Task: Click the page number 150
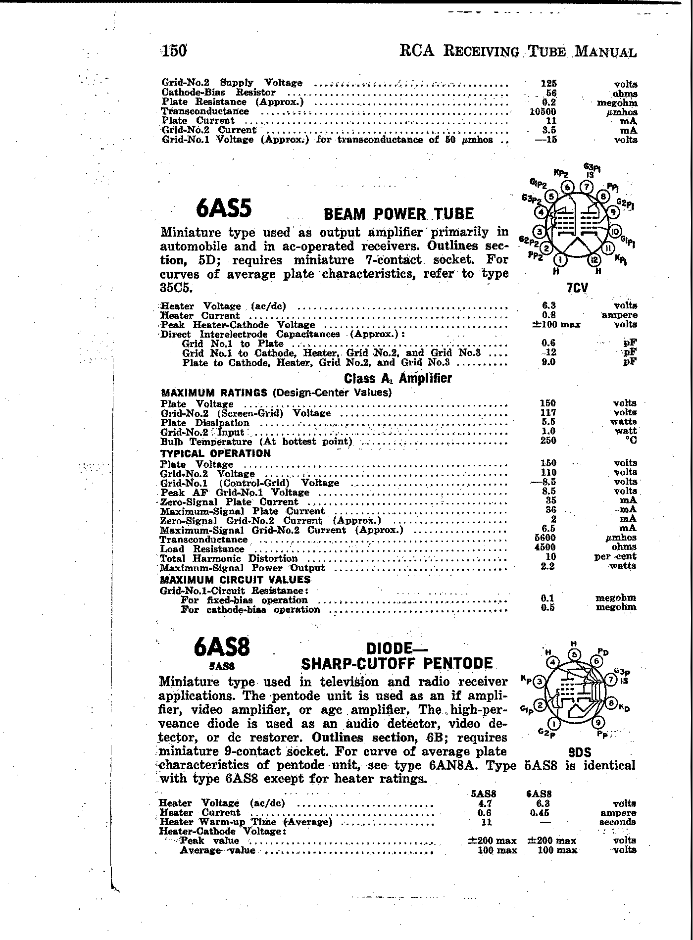point(174,50)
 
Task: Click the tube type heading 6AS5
point(224,209)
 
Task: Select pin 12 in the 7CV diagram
point(595,259)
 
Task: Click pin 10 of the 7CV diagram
point(615,231)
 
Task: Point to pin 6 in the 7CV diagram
point(569,187)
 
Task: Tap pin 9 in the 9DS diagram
point(599,722)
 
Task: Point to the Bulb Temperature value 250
point(548,441)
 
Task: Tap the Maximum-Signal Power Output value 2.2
point(548,566)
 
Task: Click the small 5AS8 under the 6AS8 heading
point(221,666)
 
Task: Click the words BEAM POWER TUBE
point(398,214)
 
